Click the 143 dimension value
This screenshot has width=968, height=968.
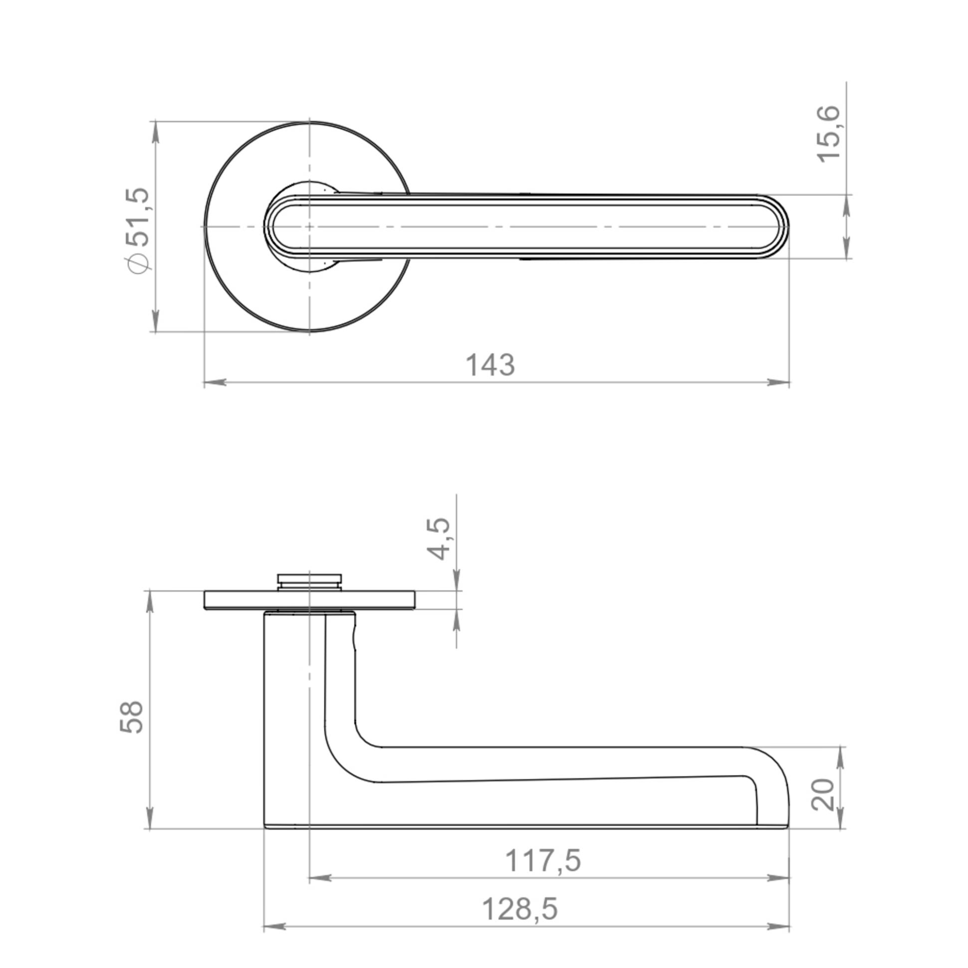tap(490, 365)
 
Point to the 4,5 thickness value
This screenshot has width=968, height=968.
tap(439, 538)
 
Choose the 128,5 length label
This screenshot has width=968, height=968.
tap(519, 909)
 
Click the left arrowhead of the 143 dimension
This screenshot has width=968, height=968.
tap(215, 382)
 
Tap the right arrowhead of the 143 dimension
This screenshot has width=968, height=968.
tap(779, 382)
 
